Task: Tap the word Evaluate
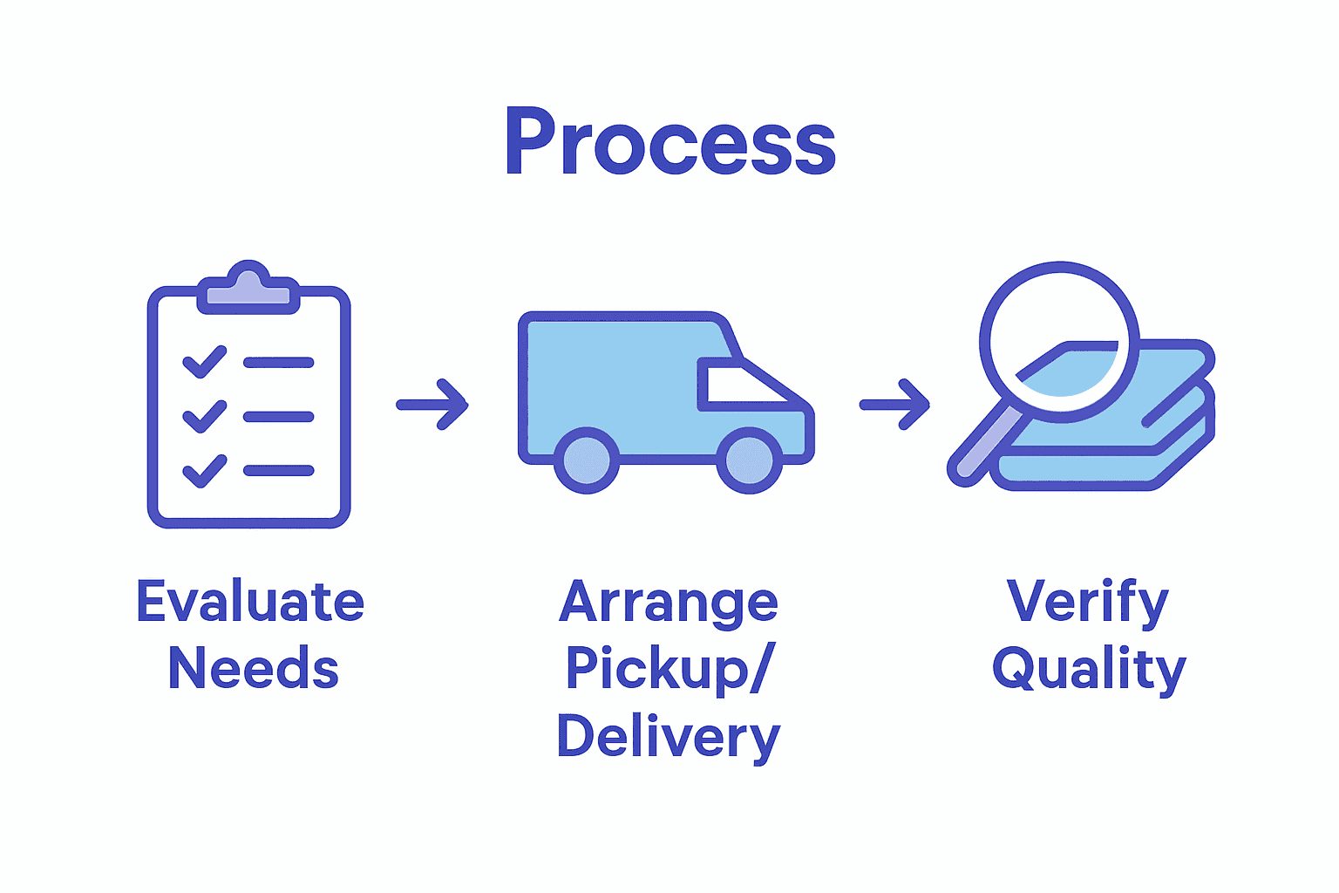(x=250, y=602)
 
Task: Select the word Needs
(x=253, y=669)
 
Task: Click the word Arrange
(x=669, y=603)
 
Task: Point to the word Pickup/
(x=669, y=670)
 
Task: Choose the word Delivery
(x=669, y=738)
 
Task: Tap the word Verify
(x=1088, y=602)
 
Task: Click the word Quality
(x=1089, y=670)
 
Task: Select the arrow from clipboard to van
(x=432, y=405)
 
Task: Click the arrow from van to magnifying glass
(x=894, y=405)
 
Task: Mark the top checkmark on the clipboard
(x=204, y=362)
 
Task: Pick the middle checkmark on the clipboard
(x=204, y=417)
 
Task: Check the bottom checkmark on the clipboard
(x=204, y=471)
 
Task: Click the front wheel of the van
(x=749, y=460)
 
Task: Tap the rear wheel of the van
(x=587, y=460)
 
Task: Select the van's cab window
(x=741, y=385)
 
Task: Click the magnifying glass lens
(x=1059, y=342)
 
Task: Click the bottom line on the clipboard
(x=278, y=471)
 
